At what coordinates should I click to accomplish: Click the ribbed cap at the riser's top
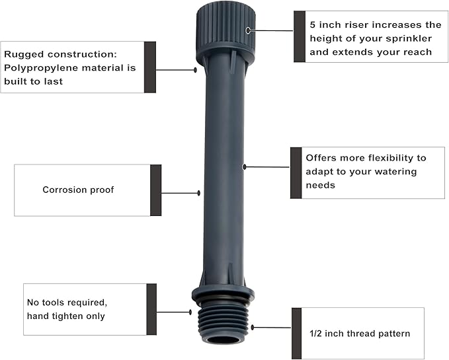[225, 30]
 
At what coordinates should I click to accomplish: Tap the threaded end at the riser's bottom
[222, 320]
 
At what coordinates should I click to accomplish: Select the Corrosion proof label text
[78, 190]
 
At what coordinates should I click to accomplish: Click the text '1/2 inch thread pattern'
[360, 333]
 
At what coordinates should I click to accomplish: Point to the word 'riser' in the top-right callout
[356, 24]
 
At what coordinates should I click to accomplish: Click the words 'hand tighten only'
[65, 316]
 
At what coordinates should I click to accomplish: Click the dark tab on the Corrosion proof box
[156, 190]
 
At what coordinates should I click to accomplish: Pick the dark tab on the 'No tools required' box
[151, 309]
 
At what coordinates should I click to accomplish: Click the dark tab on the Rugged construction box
[150, 67]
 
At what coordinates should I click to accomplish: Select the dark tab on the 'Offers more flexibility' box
[296, 172]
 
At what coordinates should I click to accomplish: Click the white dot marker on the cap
[249, 30]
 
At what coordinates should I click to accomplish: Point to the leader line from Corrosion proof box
[180, 193]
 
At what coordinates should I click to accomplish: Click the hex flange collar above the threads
[223, 294]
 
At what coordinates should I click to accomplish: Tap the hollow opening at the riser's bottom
[222, 340]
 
